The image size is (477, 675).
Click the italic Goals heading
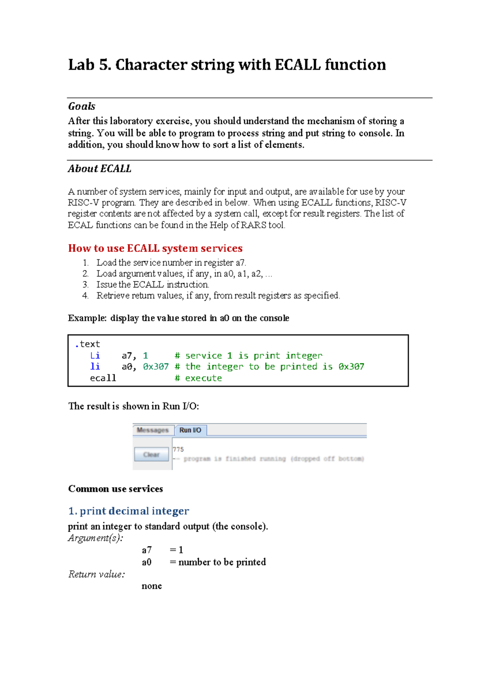81,106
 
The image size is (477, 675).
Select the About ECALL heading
99,169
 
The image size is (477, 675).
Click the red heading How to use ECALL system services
155,248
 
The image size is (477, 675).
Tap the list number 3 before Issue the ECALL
85,285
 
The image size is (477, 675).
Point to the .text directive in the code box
87,344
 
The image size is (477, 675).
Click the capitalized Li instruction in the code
95,355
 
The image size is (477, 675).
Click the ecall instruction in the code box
103,378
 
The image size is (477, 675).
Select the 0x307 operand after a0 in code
156,367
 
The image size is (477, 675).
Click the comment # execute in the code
198,378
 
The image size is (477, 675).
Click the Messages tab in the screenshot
153,430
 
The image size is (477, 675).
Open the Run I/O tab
190,430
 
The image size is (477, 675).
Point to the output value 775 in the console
178,449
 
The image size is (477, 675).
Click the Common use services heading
115,489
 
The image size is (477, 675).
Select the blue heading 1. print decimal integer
128,511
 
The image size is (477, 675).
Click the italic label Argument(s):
95,538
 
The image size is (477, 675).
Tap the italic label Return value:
97,574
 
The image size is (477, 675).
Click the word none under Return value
151,586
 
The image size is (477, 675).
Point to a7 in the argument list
147,550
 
